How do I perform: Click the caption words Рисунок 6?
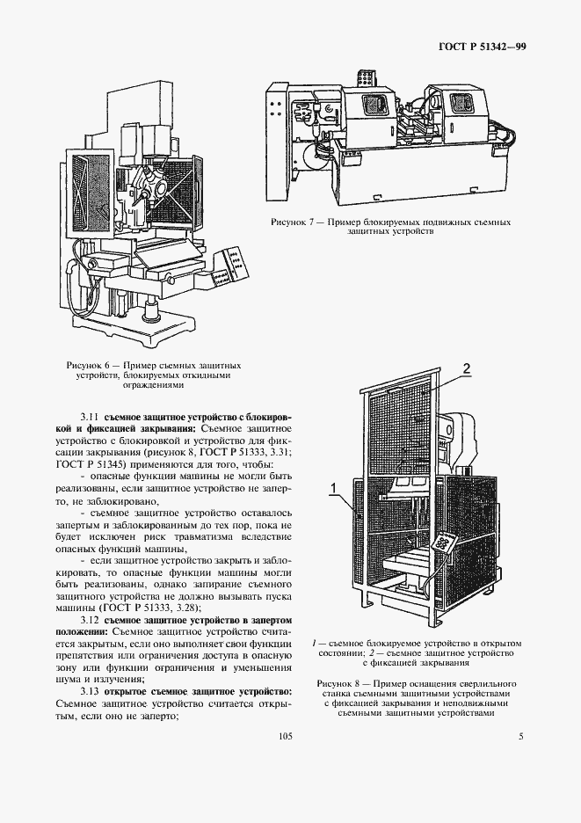click(x=88, y=364)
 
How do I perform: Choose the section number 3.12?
click(x=90, y=620)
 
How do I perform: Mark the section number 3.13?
click(x=90, y=690)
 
